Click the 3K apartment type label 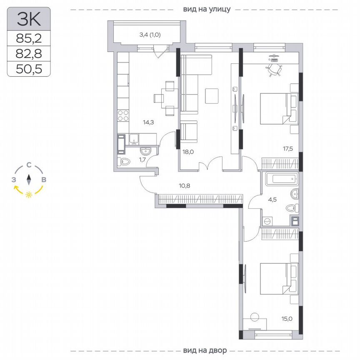pyautogui.click(x=29, y=19)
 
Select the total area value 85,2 pyautogui.click(x=29, y=39)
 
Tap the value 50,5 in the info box pyautogui.click(x=29, y=68)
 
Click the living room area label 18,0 pyautogui.click(x=188, y=152)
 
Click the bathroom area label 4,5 pyautogui.click(x=272, y=199)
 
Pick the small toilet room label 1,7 pyautogui.click(x=142, y=159)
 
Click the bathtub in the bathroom pyautogui.click(x=282, y=180)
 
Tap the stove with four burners pyautogui.click(x=124, y=115)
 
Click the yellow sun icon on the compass pyautogui.click(x=29, y=195)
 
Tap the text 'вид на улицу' pyautogui.click(x=206, y=9)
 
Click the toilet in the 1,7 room pyautogui.click(x=125, y=162)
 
